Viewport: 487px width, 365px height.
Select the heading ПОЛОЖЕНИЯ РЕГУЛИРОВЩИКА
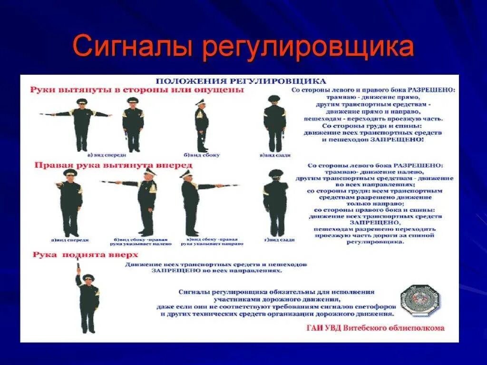point(242,80)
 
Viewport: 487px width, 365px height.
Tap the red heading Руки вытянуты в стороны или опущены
point(137,89)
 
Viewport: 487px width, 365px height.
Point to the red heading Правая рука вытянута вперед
point(113,165)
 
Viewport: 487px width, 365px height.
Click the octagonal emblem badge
point(420,301)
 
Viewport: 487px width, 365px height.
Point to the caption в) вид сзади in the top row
point(275,155)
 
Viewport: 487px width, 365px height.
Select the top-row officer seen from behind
point(274,124)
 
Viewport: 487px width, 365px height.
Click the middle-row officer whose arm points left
point(143,200)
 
